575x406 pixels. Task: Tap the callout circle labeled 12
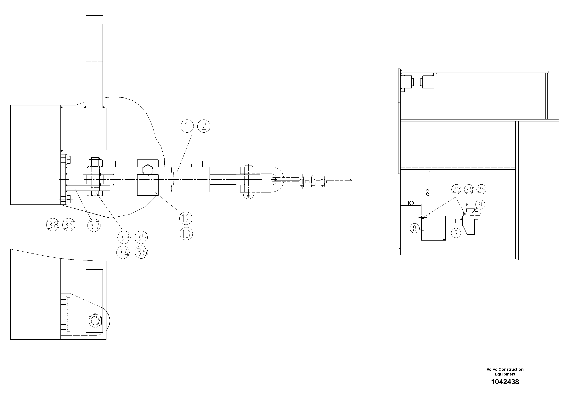186,219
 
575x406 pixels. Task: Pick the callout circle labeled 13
186,234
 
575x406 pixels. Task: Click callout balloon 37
94,225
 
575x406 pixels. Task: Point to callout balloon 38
53,225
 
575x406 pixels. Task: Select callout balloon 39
69,225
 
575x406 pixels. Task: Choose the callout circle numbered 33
124,237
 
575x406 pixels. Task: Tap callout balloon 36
141,252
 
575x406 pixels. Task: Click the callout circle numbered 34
123,252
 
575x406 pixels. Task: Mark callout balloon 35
141,237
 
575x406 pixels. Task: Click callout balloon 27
456,189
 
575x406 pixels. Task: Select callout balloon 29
481,189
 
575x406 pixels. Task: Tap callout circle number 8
415,228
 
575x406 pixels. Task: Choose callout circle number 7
456,233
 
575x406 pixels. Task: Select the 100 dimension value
410,203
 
